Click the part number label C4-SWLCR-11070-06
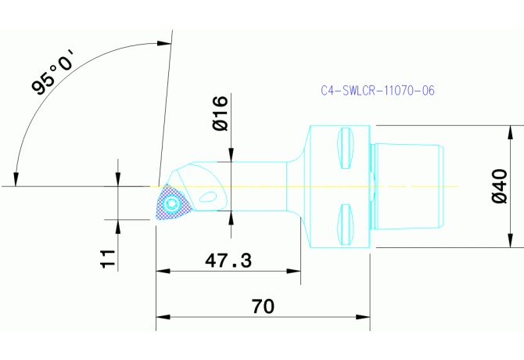click(378, 91)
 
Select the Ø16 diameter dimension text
click(220, 113)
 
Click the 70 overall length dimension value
click(263, 306)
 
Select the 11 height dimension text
click(109, 258)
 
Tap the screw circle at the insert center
click(173, 205)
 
